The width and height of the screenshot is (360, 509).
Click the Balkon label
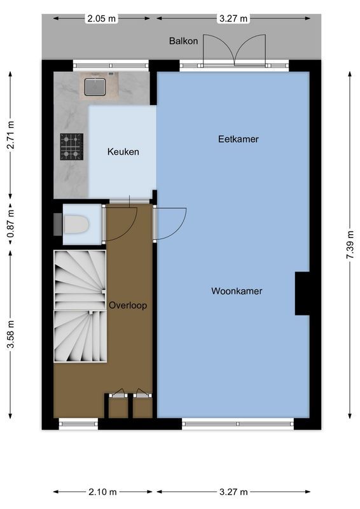183,41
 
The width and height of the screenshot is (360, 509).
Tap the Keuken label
123,152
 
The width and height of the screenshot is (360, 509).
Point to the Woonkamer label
237,291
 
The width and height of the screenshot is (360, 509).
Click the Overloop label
127,305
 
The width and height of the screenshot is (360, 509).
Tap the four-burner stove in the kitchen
71,146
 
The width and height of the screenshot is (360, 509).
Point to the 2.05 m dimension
102,18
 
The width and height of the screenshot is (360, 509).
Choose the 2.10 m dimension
102,492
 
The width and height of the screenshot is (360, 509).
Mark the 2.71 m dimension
10,136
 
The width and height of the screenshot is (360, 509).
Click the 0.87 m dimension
10,225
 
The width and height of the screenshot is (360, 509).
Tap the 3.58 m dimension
10,335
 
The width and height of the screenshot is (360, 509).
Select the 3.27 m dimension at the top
233,18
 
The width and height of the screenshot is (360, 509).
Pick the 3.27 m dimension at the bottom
233,492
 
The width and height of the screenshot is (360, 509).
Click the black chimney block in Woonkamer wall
302,293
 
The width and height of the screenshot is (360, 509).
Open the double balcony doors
233,50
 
